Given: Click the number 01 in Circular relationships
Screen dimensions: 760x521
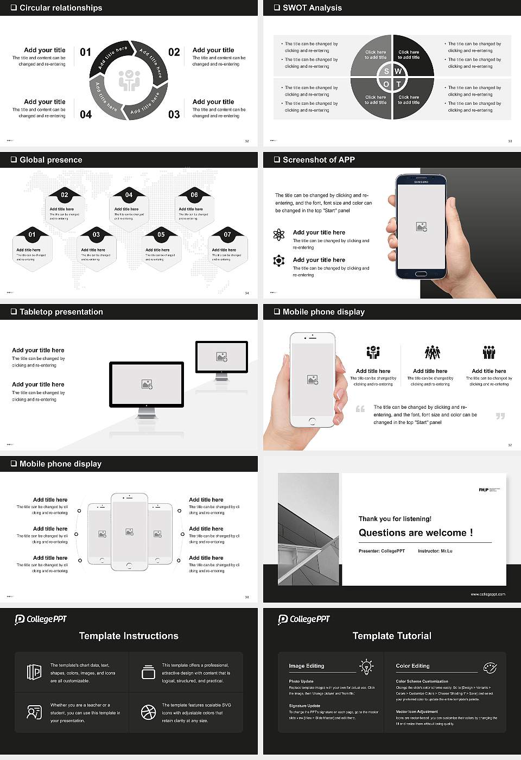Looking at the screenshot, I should pyautogui.click(x=86, y=52).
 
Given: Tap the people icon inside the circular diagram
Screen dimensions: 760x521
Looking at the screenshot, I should pyautogui.click(x=129, y=80).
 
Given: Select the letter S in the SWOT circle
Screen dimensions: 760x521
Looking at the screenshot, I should pyautogui.click(x=386, y=71).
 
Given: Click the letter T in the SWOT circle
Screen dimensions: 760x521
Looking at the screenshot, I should pyautogui.click(x=398, y=84).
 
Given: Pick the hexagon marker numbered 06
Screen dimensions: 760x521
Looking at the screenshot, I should pyautogui.click(x=194, y=195).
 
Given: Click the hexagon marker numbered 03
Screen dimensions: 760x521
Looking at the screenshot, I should pyautogui.click(x=96, y=235).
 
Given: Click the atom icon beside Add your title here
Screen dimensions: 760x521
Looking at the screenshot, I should pyautogui.click(x=279, y=235).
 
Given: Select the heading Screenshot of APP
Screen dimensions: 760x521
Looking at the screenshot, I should pyautogui.click(x=319, y=160).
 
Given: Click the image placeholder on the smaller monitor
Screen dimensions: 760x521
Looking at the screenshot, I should pyautogui.click(x=221, y=357).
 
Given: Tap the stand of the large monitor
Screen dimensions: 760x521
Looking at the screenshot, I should pyautogui.click(x=147, y=413).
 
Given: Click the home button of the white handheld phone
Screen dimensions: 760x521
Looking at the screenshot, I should pyautogui.click(x=312, y=421).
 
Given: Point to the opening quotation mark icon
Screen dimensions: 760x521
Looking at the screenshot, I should pyautogui.click(x=360, y=409).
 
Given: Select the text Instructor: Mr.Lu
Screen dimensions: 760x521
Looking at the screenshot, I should pyautogui.click(x=435, y=551).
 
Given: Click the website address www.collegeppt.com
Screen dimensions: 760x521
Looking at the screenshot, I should pyautogui.click(x=487, y=594).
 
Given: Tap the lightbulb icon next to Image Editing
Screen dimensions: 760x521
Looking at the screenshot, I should pyautogui.click(x=366, y=666).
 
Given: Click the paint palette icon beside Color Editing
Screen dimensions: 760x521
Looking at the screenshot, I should pyautogui.click(x=490, y=667).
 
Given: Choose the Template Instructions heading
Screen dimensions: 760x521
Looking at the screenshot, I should pyautogui.click(x=129, y=636).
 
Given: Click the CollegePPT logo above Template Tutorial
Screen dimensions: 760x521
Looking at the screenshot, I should pyautogui.click(x=304, y=619).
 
